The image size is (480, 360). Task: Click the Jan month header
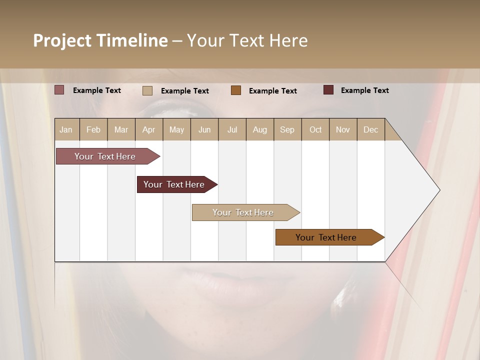coord(66,129)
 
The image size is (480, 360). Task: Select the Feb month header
coord(93,129)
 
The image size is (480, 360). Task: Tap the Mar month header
coord(121,129)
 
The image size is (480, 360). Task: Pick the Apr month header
coord(149,129)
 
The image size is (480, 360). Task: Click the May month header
coord(176,129)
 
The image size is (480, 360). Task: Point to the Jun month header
coord(204,129)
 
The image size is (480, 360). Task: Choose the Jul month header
coord(232,129)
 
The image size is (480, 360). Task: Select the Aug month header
coord(260,129)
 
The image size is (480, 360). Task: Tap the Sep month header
coord(287,129)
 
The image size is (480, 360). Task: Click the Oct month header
coord(315,129)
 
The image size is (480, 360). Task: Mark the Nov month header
coord(343,129)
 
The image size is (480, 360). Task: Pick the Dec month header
coord(370,129)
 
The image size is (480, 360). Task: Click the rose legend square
coord(59,90)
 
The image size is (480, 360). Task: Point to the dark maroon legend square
coord(328,90)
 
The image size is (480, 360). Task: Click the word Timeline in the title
coord(131,40)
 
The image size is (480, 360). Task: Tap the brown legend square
coord(236,90)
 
